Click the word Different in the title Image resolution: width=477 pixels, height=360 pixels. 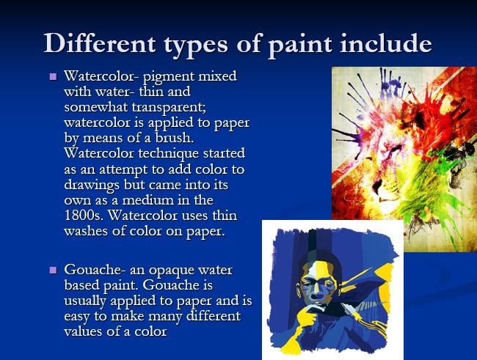100,43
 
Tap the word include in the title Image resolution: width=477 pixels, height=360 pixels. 386,43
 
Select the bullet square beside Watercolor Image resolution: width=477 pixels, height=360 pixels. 53,76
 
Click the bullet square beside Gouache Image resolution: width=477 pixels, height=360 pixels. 53,270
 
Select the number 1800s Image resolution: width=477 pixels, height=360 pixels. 82,215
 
